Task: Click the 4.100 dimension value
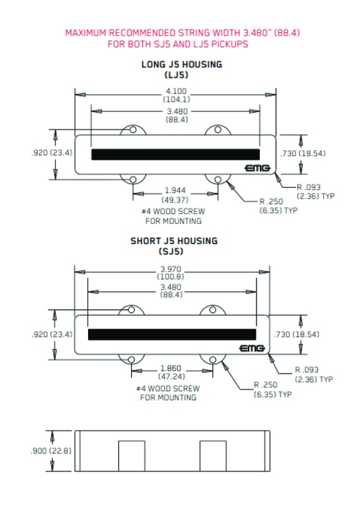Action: click(x=177, y=91)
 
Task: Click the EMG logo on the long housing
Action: click(x=258, y=166)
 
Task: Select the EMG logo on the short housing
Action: click(x=253, y=347)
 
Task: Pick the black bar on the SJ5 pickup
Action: click(x=171, y=333)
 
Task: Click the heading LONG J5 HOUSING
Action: click(x=181, y=65)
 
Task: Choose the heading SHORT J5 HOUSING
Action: click(x=174, y=241)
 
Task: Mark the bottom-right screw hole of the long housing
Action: click(x=220, y=179)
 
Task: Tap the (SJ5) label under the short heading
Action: click(x=173, y=251)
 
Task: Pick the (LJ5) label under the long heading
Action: click(x=181, y=75)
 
